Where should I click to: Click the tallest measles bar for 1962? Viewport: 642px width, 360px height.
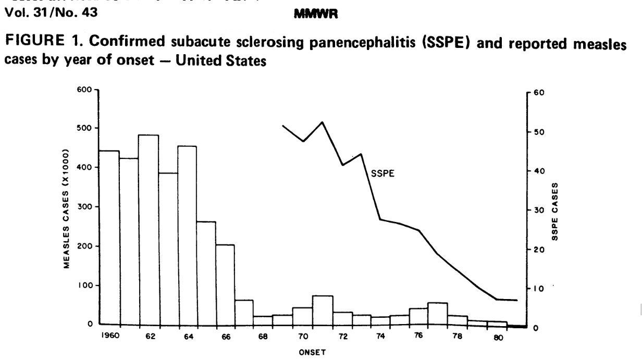(149, 230)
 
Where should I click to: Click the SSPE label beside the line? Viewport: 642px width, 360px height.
(382, 174)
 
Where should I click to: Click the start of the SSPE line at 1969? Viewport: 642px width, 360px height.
(283, 126)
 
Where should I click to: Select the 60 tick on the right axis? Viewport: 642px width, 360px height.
(539, 93)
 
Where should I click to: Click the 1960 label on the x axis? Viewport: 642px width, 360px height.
(110, 336)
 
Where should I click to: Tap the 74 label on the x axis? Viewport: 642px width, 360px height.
(380, 337)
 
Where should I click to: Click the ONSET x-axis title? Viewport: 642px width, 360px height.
(313, 352)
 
